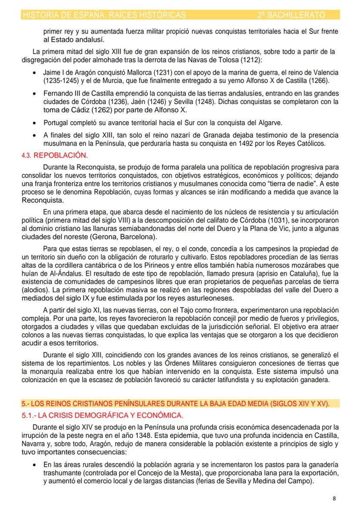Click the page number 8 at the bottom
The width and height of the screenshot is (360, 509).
click(x=334, y=498)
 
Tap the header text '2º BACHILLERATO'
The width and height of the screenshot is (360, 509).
click(x=291, y=15)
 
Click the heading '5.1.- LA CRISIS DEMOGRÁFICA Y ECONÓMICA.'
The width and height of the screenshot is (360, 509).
click(x=103, y=416)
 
